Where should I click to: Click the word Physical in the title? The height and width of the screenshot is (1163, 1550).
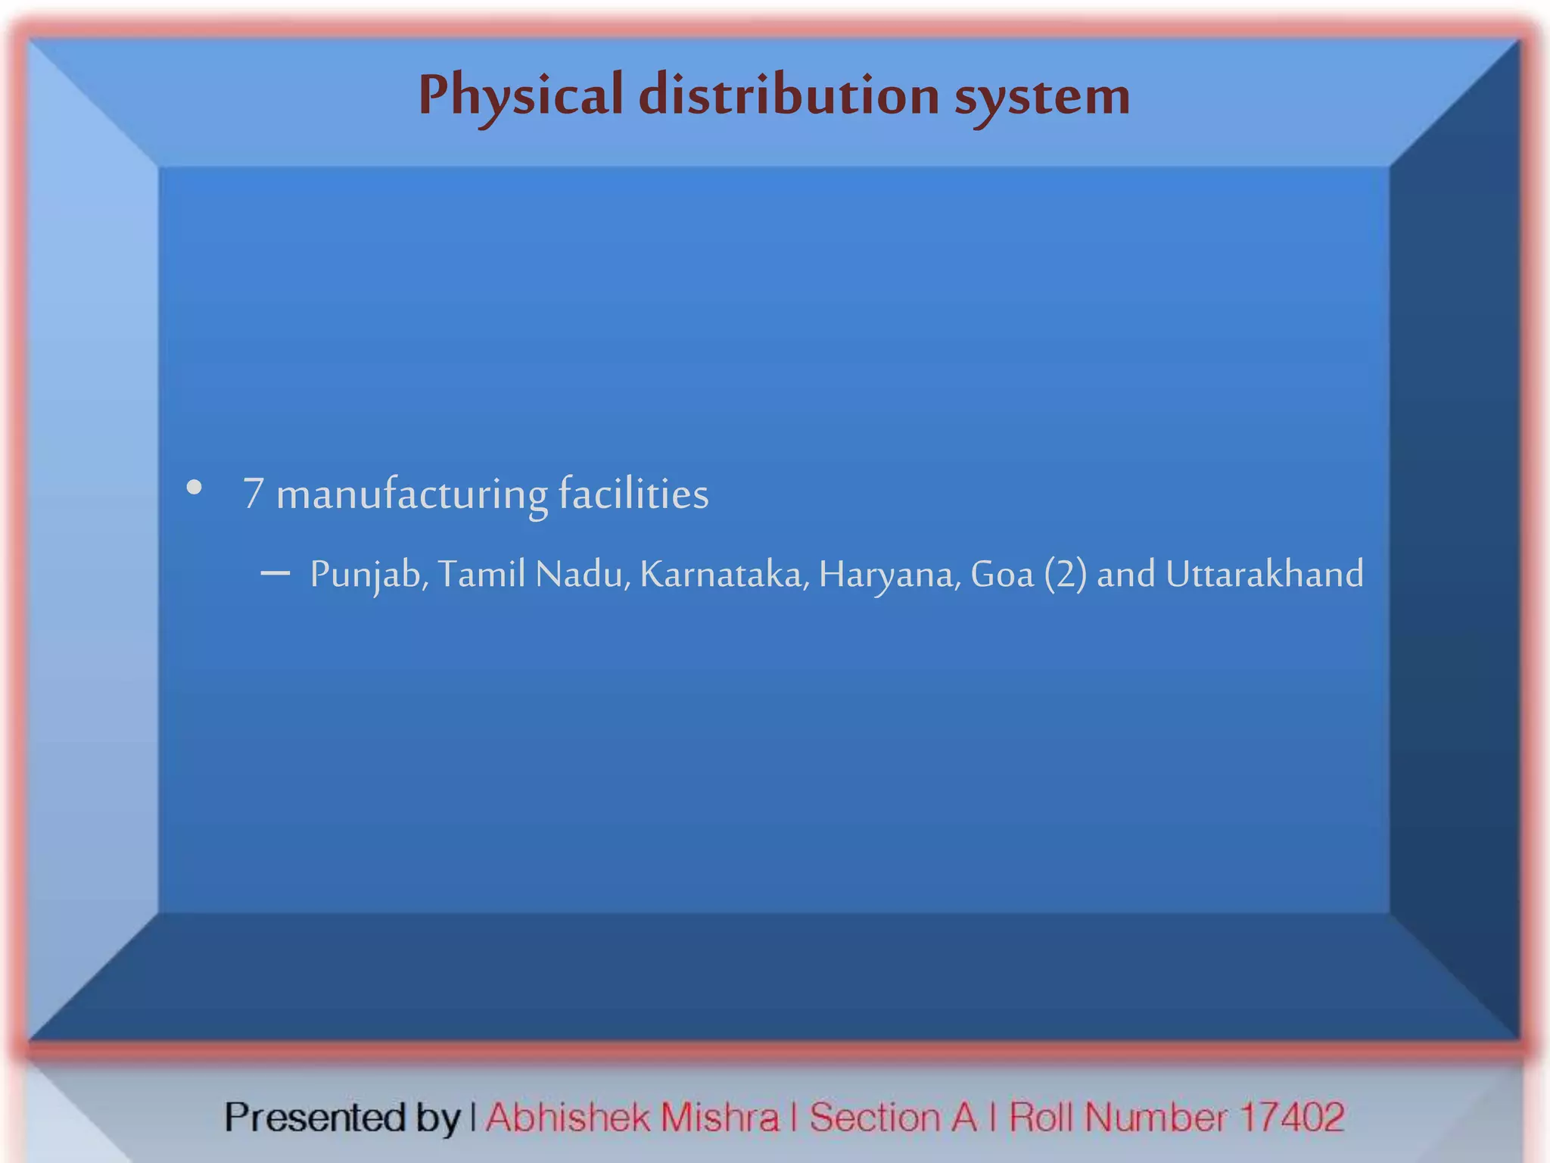click(x=521, y=97)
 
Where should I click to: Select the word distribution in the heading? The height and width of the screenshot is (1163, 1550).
click(x=789, y=95)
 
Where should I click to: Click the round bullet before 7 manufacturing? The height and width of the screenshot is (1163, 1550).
click(x=195, y=488)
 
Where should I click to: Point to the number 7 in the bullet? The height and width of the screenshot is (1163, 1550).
click(x=253, y=494)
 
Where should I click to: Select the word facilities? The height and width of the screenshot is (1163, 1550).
click(x=633, y=494)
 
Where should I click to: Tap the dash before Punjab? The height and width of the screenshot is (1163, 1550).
click(x=275, y=573)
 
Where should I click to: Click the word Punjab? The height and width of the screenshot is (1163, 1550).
click(x=369, y=575)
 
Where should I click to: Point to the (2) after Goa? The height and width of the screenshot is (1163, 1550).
click(x=1065, y=574)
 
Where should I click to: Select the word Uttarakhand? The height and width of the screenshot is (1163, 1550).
click(x=1264, y=574)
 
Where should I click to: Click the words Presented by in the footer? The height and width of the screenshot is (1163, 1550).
click(x=342, y=1118)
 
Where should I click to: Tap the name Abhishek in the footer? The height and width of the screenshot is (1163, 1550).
click(x=568, y=1118)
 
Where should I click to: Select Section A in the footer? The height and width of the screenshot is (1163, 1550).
click(x=893, y=1118)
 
